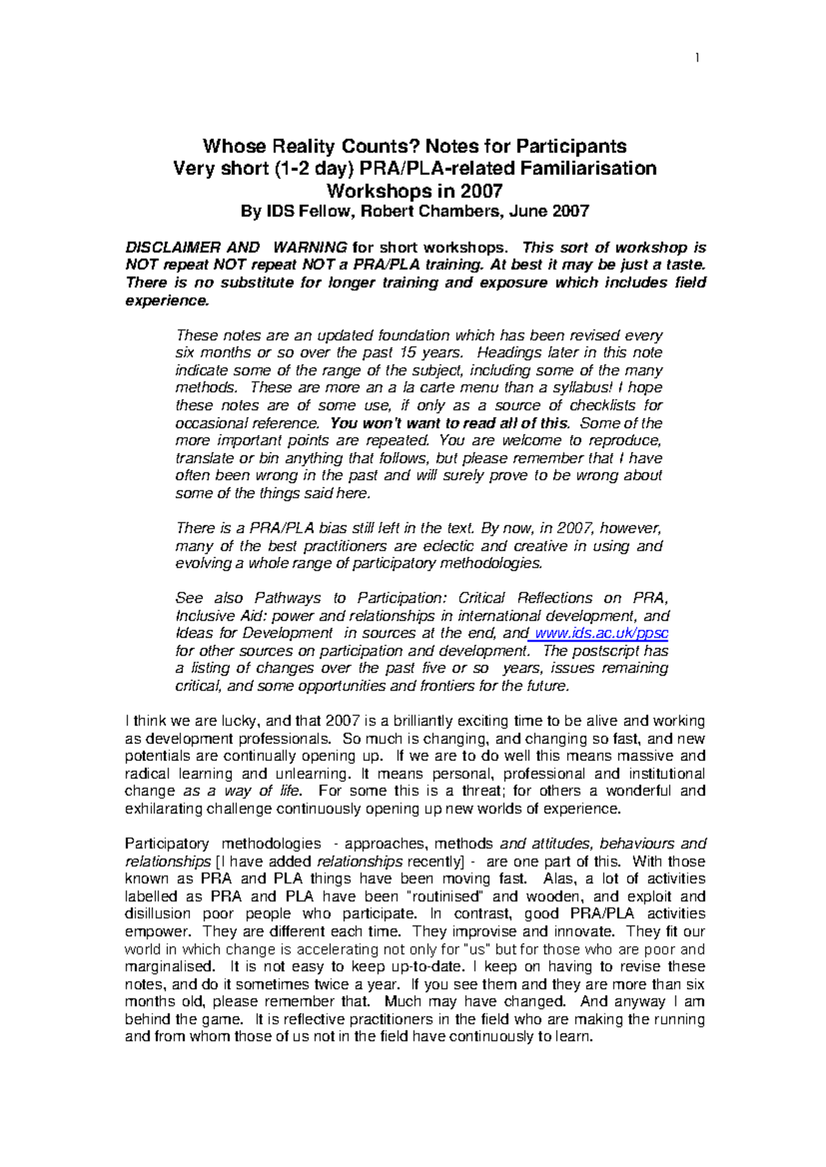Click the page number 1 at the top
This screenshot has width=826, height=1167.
pos(697,58)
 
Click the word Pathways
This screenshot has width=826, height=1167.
pos(288,598)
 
